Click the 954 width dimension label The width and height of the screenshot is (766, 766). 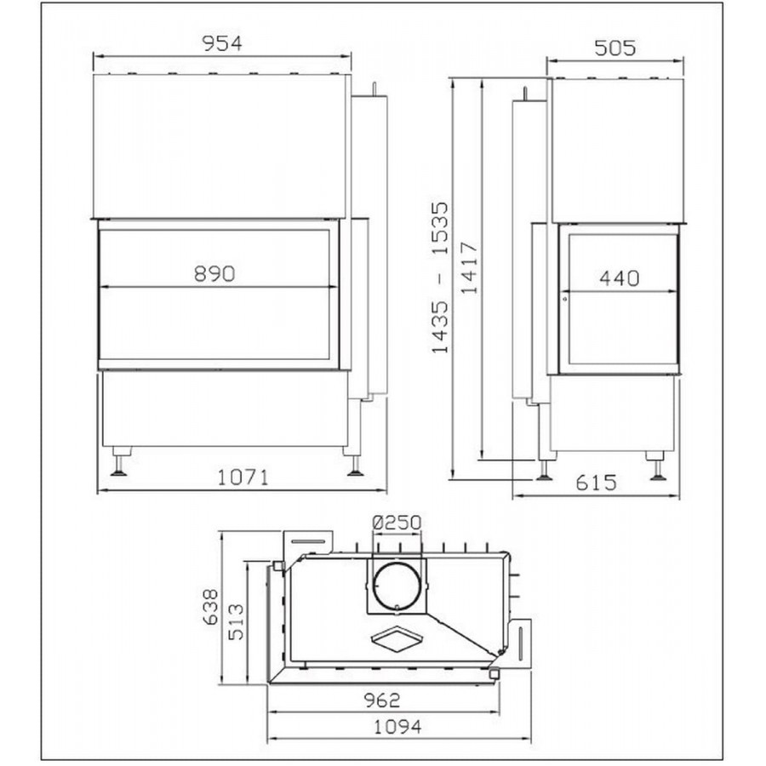[x=222, y=43]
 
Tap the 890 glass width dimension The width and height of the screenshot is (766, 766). [x=214, y=273]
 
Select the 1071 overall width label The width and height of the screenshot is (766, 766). [x=243, y=477]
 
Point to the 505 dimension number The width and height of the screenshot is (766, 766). [x=615, y=48]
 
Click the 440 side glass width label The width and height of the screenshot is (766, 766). [x=619, y=278]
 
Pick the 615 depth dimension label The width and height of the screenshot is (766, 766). [x=596, y=483]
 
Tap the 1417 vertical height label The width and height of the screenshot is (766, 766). [x=470, y=267]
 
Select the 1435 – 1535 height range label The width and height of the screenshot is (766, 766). [x=440, y=277]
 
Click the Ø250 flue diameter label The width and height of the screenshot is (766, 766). [x=397, y=523]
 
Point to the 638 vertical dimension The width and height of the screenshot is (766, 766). [x=210, y=607]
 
